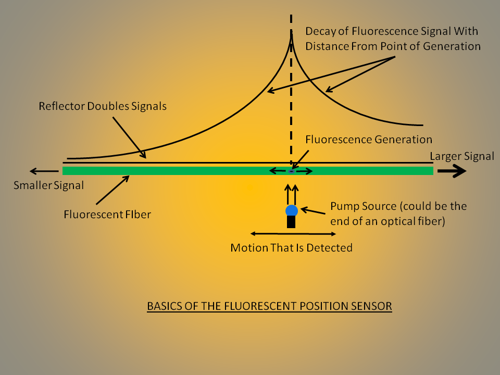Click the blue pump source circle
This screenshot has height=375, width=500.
tap(292, 210)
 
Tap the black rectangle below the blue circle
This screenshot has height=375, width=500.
tap(292, 222)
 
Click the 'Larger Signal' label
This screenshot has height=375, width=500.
tap(462, 156)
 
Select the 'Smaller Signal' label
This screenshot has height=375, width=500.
tap(48, 184)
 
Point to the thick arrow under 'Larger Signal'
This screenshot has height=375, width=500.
tap(452, 171)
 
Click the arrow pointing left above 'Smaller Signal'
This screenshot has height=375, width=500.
tap(44, 171)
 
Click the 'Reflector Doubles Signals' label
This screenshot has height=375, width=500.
tap(103, 106)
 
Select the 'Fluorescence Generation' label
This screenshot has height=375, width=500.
tap(369, 140)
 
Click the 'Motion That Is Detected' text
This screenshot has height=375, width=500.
tap(291, 247)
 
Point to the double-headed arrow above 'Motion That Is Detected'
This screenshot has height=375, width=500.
tap(280, 233)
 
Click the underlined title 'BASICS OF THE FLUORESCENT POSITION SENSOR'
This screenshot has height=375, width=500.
tap(269, 306)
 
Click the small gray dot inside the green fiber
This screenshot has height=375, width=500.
tap(292, 171)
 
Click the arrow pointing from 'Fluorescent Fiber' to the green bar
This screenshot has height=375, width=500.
tap(112, 190)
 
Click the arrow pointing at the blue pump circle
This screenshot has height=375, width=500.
tap(314, 210)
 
